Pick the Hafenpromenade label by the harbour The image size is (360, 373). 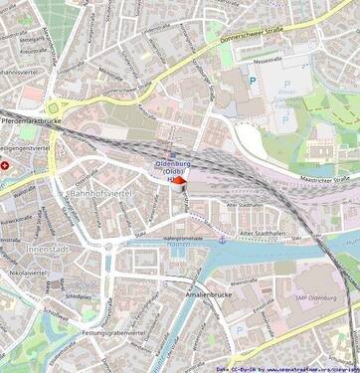pyautogui.click(x=182, y=239)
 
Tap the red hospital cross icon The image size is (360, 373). pyautogui.click(x=5, y=165)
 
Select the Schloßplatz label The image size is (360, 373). pyautogui.click(x=78, y=296)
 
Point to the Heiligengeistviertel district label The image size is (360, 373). pyautogui.click(x=27, y=147)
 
